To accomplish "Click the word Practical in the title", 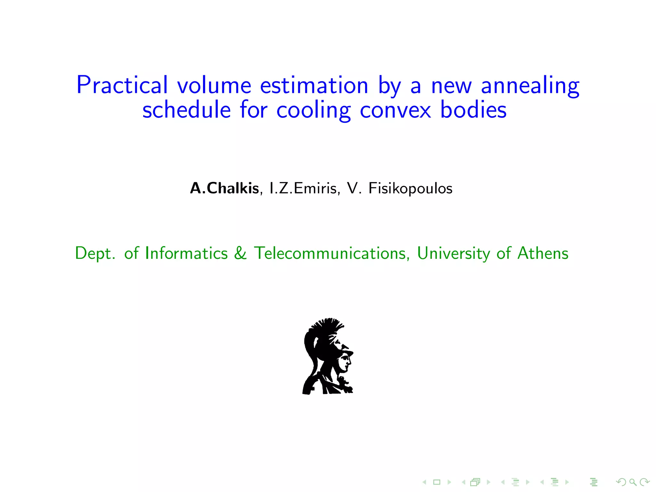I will (122, 85).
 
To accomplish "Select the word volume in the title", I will (214, 85).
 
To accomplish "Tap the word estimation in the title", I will (314, 85).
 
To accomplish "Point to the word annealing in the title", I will (530, 86).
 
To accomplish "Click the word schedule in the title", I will (186, 110).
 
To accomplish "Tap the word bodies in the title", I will (473, 110).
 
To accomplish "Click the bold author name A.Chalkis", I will (224, 188).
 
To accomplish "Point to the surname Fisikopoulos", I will (410, 188).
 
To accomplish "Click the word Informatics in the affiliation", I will (186, 253).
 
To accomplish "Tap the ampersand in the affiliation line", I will (240, 253).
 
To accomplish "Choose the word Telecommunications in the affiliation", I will (331, 253).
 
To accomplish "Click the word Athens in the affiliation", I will (543, 253).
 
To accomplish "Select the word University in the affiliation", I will (453, 254).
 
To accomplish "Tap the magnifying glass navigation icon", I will (633, 482).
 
